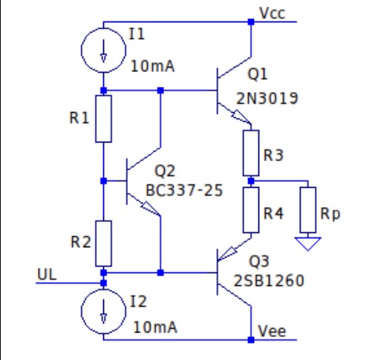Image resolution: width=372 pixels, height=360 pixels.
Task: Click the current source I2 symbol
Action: point(103,310)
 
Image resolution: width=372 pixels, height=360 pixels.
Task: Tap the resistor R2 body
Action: point(103,243)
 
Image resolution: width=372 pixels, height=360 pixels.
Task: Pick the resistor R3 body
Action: point(251,152)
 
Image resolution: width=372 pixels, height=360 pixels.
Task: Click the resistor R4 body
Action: point(251,209)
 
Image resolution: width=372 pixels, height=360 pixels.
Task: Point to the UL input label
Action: point(46,274)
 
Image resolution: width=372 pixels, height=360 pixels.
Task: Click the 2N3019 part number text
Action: point(267,97)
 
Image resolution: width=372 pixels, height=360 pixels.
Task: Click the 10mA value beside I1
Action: point(154,67)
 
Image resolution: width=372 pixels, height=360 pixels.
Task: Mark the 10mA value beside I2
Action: point(157,327)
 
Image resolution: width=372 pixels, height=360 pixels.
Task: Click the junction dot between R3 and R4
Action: point(251,180)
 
